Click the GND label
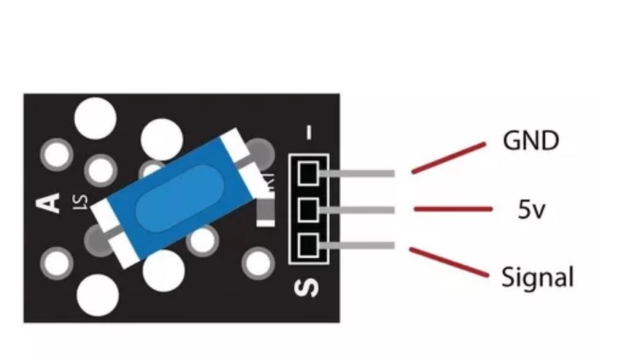coord(531,139)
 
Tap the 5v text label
coord(533,211)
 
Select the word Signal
coord(537,277)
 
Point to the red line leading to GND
coord(448,158)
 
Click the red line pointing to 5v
coord(452,210)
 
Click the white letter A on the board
coord(49,201)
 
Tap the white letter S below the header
coord(307,287)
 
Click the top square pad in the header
coord(307,173)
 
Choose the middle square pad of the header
coord(307,210)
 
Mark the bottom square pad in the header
coord(307,245)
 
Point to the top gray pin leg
coord(358,174)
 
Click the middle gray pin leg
coord(358,210)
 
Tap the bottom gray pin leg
coord(358,245)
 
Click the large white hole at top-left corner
coord(95,115)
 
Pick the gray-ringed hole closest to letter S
coord(258,262)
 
